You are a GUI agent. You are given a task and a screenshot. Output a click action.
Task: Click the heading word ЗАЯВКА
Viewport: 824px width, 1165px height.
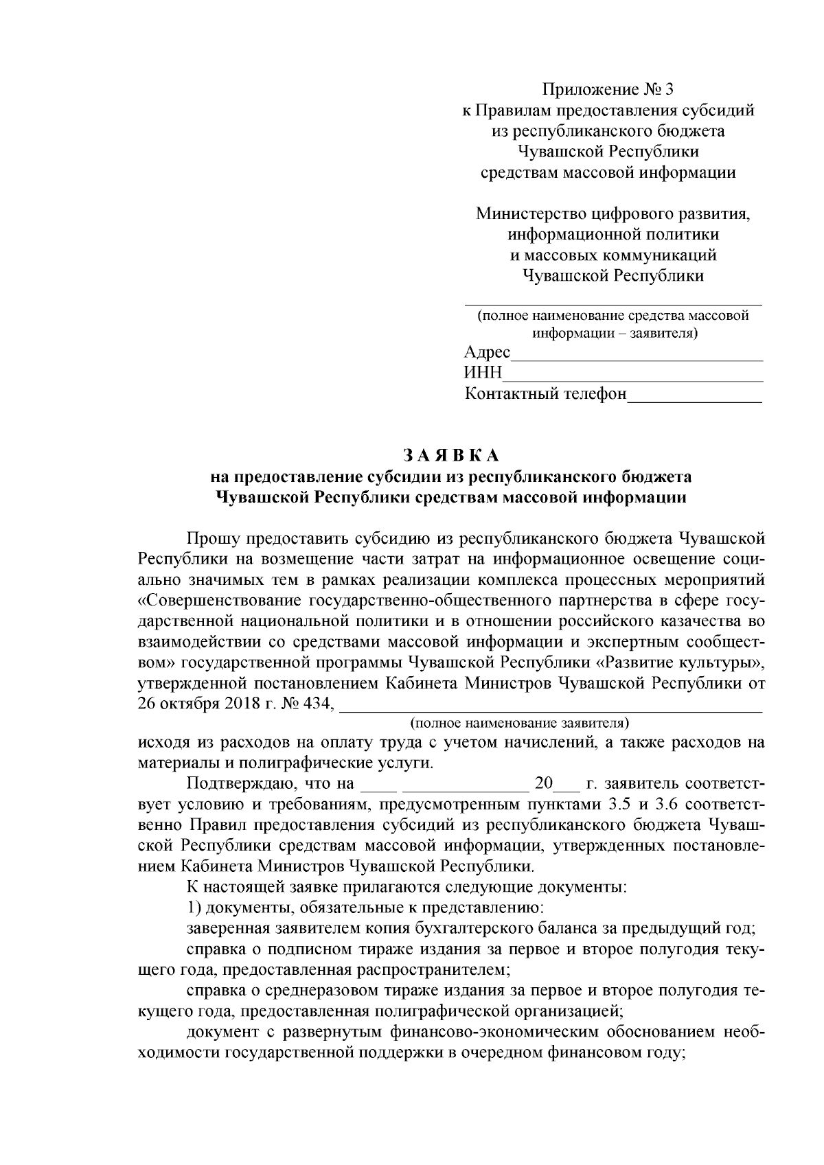(x=450, y=455)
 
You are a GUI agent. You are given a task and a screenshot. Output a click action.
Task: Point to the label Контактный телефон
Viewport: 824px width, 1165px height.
(x=546, y=394)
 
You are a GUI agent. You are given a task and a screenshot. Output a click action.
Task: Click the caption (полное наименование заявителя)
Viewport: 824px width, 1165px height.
(x=520, y=723)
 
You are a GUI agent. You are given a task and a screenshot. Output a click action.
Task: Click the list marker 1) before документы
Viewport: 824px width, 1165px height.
(x=194, y=908)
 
